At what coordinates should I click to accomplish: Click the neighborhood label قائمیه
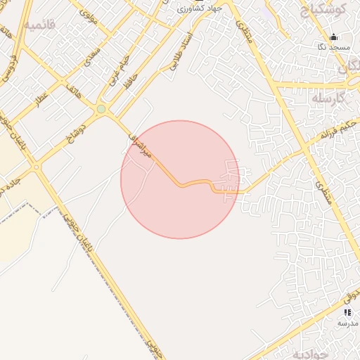point(38,25)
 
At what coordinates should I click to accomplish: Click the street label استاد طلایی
point(181,52)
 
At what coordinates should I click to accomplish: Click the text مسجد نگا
point(333,46)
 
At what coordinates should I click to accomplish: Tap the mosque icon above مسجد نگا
point(333,37)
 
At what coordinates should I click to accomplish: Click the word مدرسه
point(347,322)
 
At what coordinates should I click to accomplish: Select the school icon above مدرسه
point(347,311)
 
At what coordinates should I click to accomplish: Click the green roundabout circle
point(101,109)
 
